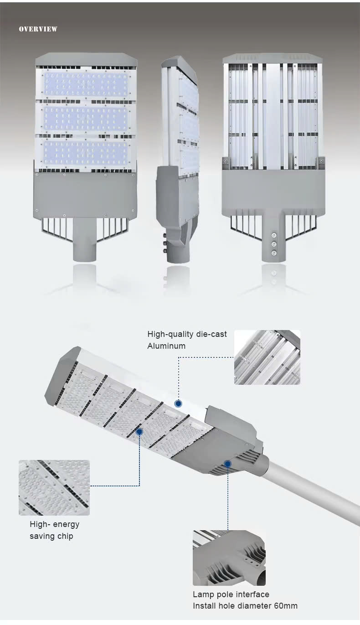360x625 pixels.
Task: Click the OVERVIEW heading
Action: pos(38,29)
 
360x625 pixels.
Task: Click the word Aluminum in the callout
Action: pos(166,346)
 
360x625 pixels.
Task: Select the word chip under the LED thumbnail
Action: pos(66,537)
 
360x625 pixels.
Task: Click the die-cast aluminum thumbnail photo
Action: pos(267,357)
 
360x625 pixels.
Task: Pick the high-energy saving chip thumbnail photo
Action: pos(54,487)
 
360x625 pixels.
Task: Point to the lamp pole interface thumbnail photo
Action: pos(229,558)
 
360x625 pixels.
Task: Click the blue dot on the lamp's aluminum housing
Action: pos(178,403)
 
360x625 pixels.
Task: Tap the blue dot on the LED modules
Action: pos(139,432)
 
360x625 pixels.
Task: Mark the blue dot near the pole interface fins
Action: pos(228,464)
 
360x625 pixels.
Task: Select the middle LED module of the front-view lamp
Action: pos(86,119)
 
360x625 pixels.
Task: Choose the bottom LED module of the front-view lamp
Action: pos(86,152)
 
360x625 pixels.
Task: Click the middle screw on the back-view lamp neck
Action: pos(274,244)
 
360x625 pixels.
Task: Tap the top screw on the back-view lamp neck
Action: pos(274,235)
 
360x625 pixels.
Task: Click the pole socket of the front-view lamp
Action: pos(85,240)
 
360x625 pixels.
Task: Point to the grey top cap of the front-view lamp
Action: pos(86,59)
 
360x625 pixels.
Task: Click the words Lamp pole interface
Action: pos(231,594)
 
